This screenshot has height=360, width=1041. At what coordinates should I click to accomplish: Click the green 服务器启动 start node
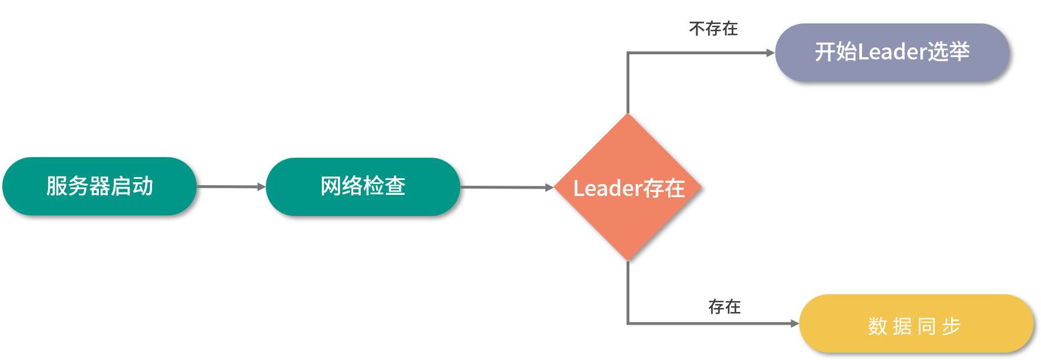coord(99,186)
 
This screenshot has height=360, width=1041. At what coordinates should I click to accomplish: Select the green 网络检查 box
coord(363,187)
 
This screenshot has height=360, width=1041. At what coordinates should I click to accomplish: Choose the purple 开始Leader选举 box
coord(892,53)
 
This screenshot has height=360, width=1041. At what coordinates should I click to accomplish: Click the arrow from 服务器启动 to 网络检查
coord(229,186)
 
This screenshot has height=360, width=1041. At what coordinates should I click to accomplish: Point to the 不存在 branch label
coord(713,29)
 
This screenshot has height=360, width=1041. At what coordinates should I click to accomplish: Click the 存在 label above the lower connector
coord(724,307)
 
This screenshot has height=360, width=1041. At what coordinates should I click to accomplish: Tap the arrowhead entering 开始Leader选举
coord(771,53)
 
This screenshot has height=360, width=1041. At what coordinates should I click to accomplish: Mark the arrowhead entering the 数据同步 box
coord(795,323)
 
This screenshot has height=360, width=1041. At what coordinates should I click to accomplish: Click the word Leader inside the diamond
coord(608,189)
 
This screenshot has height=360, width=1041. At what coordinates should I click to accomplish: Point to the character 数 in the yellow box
coord(877,326)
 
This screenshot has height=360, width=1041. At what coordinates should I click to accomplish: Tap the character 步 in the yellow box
coord(951,326)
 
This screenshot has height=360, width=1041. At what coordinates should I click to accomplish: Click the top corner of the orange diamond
coord(628,115)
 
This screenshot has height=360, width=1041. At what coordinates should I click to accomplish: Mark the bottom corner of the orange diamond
coord(628,260)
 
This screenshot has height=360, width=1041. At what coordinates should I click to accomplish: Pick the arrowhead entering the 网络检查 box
coord(262,187)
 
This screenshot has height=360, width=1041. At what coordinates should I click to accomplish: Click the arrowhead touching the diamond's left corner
coord(550,187)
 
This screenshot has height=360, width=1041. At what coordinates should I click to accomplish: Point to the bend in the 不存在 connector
coord(628,53)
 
